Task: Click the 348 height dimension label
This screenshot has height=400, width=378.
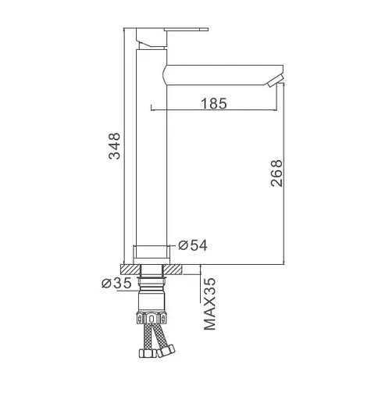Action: (x=115, y=146)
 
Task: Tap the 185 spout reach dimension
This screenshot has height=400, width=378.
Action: (x=214, y=103)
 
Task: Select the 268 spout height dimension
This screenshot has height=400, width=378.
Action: (x=276, y=173)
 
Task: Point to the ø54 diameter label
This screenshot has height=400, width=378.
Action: (x=193, y=245)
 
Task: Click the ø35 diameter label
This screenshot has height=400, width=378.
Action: (x=116, y=283)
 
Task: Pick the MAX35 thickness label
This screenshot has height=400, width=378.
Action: (x=210, y=304)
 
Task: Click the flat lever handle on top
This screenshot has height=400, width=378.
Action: (x=186, y=29)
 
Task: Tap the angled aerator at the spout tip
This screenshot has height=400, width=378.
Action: (x=276, y=80)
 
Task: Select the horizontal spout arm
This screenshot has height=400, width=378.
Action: (x=223, y=75)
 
